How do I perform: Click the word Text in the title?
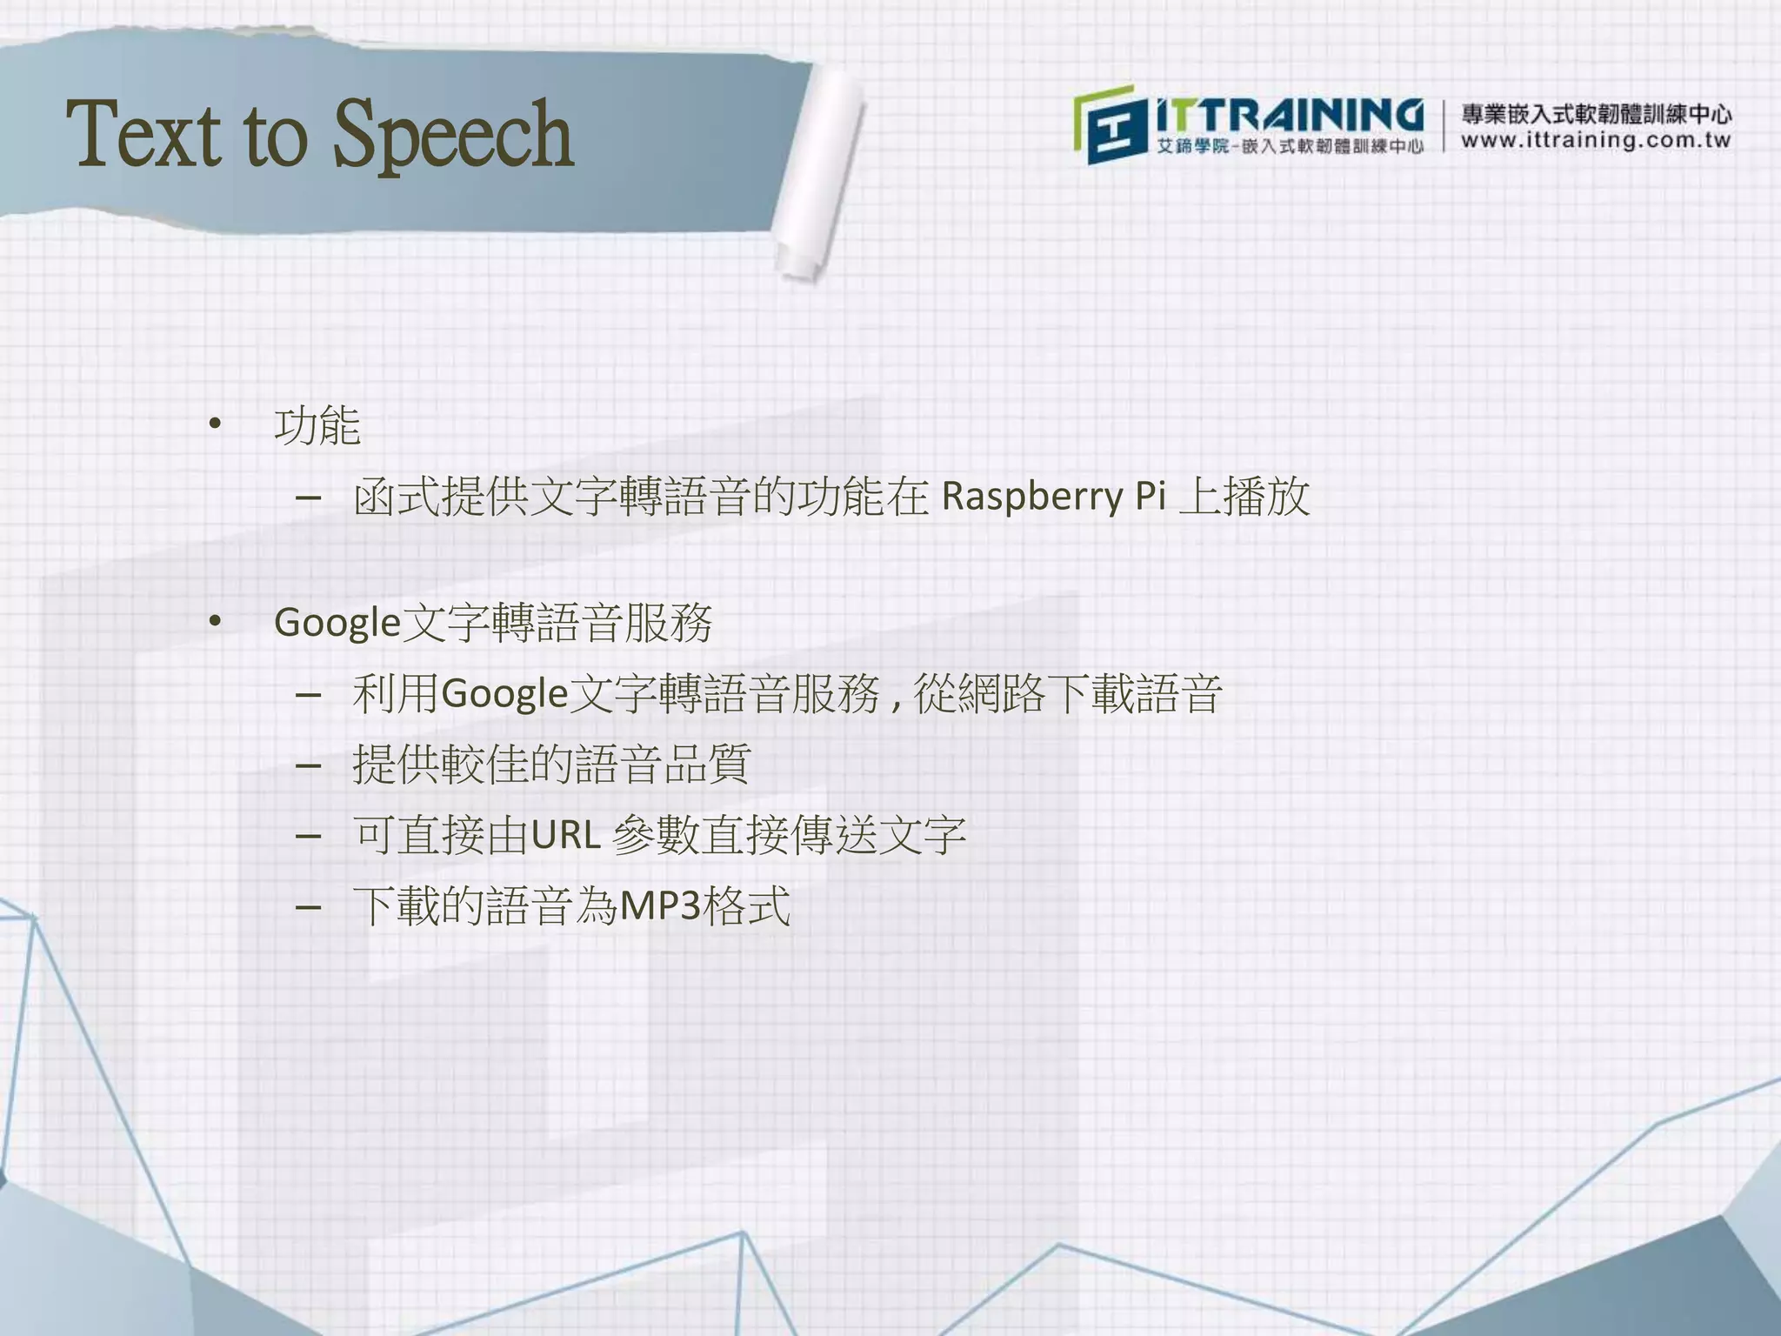[x=143, y=135]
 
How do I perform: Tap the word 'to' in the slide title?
[x=276, y=137]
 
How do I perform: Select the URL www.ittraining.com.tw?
[x=1596, y=141]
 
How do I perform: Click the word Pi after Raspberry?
[x=1150, y=496]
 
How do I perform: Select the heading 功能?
[x=317, y=426]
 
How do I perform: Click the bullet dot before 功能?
[x=215, y=424]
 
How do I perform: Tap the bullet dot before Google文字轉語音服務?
[x=215, y=621]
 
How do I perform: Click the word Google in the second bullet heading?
[x=337, y=624]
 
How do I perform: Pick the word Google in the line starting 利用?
[x=504, y=694]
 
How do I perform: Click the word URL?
[x=565, y=836]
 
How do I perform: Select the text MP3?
[x=659, y=907]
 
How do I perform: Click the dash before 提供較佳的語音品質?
[x=308, y=766]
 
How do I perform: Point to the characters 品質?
[x=705, y=765]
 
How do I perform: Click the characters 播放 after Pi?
[x=1266, y=497]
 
